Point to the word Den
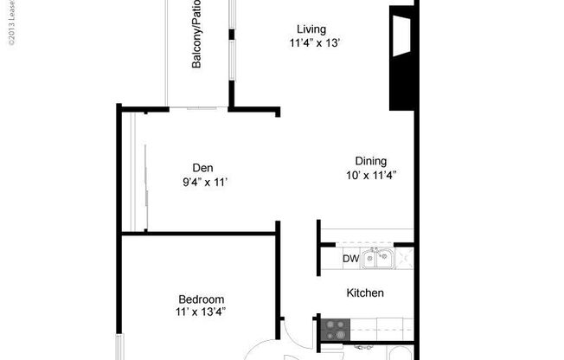click(202, 168)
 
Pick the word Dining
click(371, 161)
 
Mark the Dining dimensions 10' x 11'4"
click(371, 176)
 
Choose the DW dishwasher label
click(350, 259)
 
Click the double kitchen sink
click(378, 257)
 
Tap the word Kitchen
click(365, 293)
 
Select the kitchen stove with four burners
click(335, 329)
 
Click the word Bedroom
click(202, 299)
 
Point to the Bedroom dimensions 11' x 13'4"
click(202, 312)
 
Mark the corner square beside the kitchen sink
click(405, 257)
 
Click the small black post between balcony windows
click(231, 35)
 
